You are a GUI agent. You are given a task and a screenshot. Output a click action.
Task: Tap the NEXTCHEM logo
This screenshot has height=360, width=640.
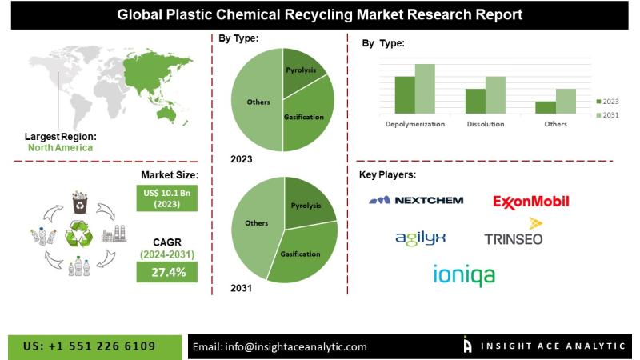[416, 200]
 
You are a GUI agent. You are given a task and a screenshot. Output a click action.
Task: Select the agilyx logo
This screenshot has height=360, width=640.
[420, 237]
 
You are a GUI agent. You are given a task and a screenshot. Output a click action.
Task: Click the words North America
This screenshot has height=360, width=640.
[60, 147]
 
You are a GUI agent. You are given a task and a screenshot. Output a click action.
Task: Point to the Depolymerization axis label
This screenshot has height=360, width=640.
[414, 125]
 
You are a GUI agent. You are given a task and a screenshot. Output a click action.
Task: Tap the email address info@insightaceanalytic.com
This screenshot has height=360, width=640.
[280, 346]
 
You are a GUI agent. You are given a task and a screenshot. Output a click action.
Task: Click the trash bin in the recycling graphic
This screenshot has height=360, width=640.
[81, 203]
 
